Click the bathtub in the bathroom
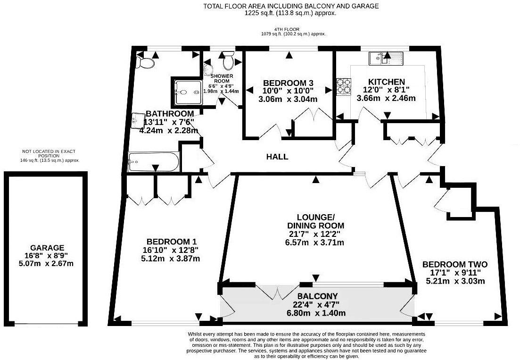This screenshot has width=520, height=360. tap(154, 162)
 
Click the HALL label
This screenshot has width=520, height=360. tap(277, 157)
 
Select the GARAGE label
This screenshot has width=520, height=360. tap(47, 248)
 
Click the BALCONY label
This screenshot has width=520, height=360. tap(317, 296)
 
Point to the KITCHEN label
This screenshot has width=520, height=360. tap(387, 82)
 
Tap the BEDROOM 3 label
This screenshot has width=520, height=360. tap(289, 83)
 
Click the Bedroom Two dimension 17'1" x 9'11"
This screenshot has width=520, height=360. tap(455, 273)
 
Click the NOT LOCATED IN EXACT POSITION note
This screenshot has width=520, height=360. tap(49, 153)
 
